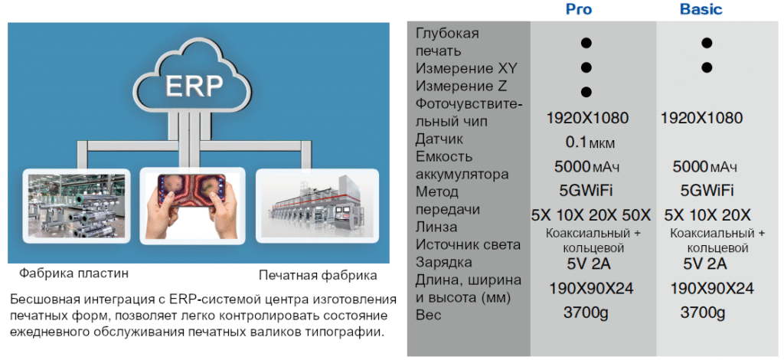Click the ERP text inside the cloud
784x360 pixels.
click(194, 86)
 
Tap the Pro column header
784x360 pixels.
click(579, 9)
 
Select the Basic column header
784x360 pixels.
click(701, 9)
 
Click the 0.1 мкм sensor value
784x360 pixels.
click(590, 142)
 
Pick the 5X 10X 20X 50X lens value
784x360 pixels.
click(590, 215)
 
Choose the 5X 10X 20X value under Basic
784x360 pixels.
click(707, 215)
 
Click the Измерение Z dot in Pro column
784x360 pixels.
click(586, 92)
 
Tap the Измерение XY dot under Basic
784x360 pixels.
click(707, 67)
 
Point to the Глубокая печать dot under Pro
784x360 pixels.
click(586, 43)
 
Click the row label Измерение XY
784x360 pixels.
click(460, 68)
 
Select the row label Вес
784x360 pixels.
click(429, 316)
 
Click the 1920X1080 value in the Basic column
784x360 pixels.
click(701, 118)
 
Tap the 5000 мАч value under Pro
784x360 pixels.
click(586, 166)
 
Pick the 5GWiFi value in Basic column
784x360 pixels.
click(707, 190)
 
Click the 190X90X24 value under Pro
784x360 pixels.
click(592, 289)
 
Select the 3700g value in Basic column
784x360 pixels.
click(703, 313)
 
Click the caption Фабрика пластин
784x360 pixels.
click(74, 273)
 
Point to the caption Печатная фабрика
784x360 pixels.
click(318, 276)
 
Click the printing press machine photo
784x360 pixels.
click(317, 205)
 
